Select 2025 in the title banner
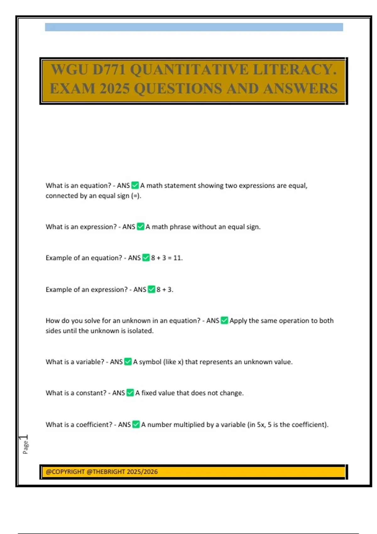click(114, 89)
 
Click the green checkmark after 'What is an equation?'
click(135, 185)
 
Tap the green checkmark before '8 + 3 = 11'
click(146, 258)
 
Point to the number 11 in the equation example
click(178, 258)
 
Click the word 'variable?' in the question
click(90, 362)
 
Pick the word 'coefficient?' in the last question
click(94, 425)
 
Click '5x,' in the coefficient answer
click(261, 425)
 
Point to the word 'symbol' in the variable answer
click(150, 362)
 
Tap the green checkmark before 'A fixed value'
click(130, 393)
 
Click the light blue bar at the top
click(194, 27)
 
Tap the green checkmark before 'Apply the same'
click(224, 320)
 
